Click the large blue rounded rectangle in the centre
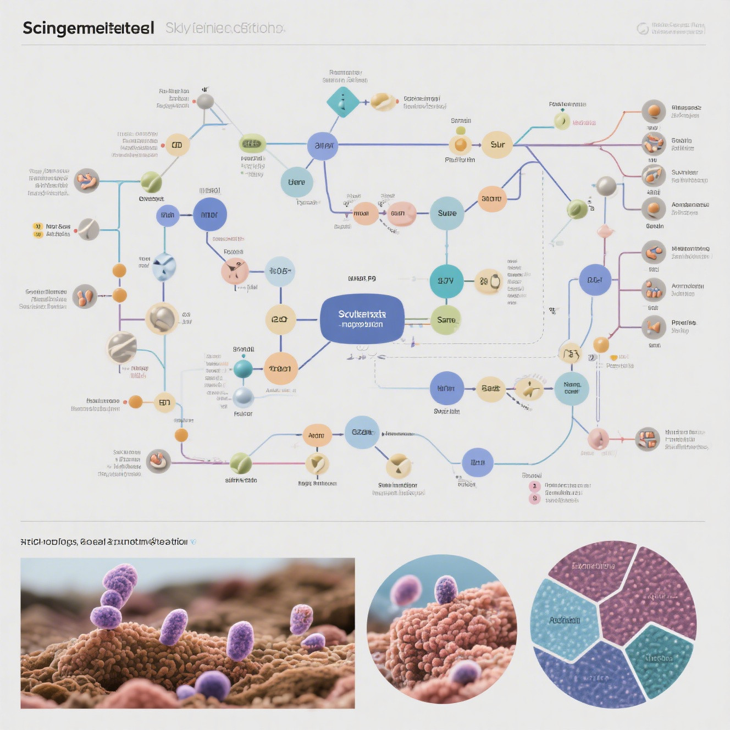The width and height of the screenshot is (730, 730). [362, 319]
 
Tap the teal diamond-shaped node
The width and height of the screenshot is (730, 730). [342, 102]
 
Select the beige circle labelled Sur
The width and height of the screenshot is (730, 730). [497, 145]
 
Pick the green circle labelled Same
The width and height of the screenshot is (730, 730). [445, 320]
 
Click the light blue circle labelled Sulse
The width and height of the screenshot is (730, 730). [446, 213]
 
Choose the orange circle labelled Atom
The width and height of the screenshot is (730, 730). [317, 435]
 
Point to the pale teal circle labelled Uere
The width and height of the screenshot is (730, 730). [296, 182]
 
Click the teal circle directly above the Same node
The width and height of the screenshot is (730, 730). [446, 281]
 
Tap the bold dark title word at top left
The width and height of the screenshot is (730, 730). [88, 28]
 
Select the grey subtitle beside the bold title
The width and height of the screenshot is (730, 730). [225, 28]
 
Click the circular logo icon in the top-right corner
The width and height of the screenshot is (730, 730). [642, 28]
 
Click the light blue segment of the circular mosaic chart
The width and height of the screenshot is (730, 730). [563, 620]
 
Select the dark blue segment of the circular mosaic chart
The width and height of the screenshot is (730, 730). [588, 676]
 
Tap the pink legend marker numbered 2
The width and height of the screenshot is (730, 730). [534, 486]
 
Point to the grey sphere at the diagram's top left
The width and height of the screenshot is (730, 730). [205, 101]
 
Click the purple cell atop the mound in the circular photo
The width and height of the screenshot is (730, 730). [446, 589]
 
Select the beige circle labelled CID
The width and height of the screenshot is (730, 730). [177, 145]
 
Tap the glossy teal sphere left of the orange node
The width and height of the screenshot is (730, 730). [243, 368]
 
